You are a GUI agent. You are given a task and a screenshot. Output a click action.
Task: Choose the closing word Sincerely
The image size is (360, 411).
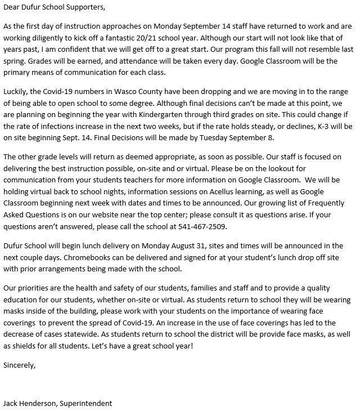click(x=19, y=365)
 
